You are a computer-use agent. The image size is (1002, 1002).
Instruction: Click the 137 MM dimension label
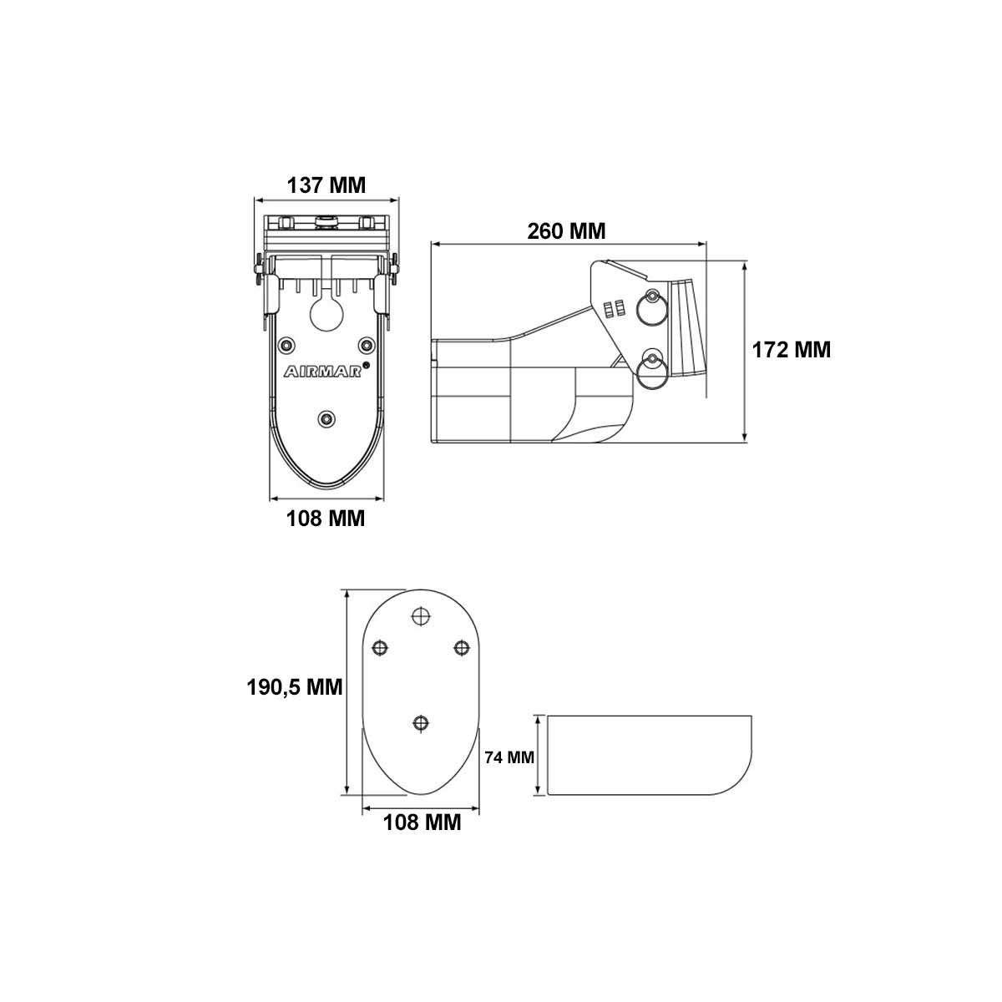(326, 185)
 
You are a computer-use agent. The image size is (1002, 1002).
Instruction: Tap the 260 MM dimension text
(566, 230)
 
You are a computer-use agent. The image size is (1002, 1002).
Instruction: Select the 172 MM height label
(792, 350)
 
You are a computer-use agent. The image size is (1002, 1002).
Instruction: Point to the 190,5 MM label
(295, 687)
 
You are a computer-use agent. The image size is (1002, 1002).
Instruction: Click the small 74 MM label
(509, 757)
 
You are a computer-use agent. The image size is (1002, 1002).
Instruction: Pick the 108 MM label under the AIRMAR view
(326, 518)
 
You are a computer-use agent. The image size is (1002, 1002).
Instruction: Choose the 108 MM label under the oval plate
(422, 822)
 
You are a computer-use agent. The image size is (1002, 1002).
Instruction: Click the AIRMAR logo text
(321, 372)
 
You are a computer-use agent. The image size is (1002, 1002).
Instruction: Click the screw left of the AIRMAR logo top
(287, 345)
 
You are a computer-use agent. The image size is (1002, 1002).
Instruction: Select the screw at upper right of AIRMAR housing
(366, 345)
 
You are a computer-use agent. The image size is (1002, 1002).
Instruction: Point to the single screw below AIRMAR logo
(326, 418)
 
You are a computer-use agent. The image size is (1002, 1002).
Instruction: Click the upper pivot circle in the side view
(651, 308)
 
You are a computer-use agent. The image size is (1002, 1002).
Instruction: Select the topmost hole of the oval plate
(421, 615)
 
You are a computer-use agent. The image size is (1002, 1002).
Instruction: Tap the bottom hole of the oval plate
(421, 723)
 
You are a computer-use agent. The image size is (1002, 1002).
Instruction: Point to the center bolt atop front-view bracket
(326, 222)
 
